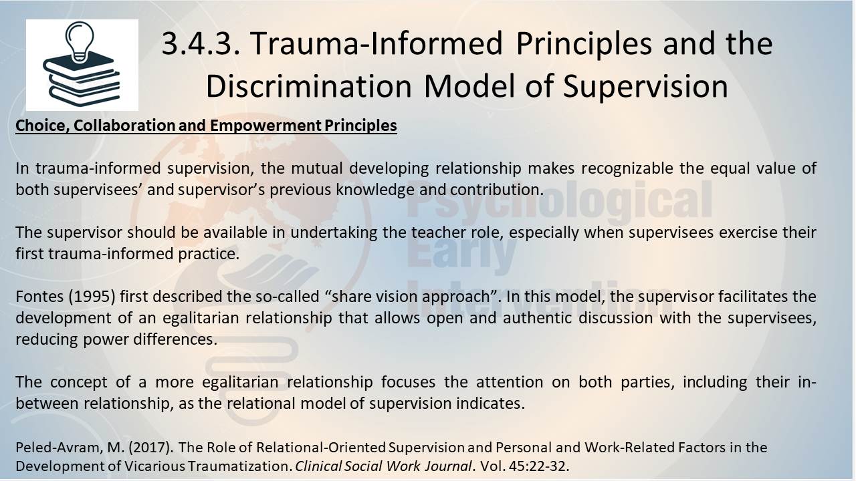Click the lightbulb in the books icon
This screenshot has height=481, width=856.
(x=80, y=41)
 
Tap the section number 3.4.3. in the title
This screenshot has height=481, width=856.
(x=201, y=43)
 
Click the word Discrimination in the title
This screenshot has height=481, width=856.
(x=308, y=86)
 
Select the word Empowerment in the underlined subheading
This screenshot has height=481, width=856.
(x=265, y=126)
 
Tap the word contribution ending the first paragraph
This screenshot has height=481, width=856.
(x=496, y=190)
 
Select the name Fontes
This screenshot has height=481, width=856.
(x=39, y=297)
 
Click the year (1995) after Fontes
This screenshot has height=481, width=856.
(x=92, y=297)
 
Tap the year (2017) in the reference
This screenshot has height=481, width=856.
(x=150, y=448)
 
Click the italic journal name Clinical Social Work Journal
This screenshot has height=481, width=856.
(x=384, y=466)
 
